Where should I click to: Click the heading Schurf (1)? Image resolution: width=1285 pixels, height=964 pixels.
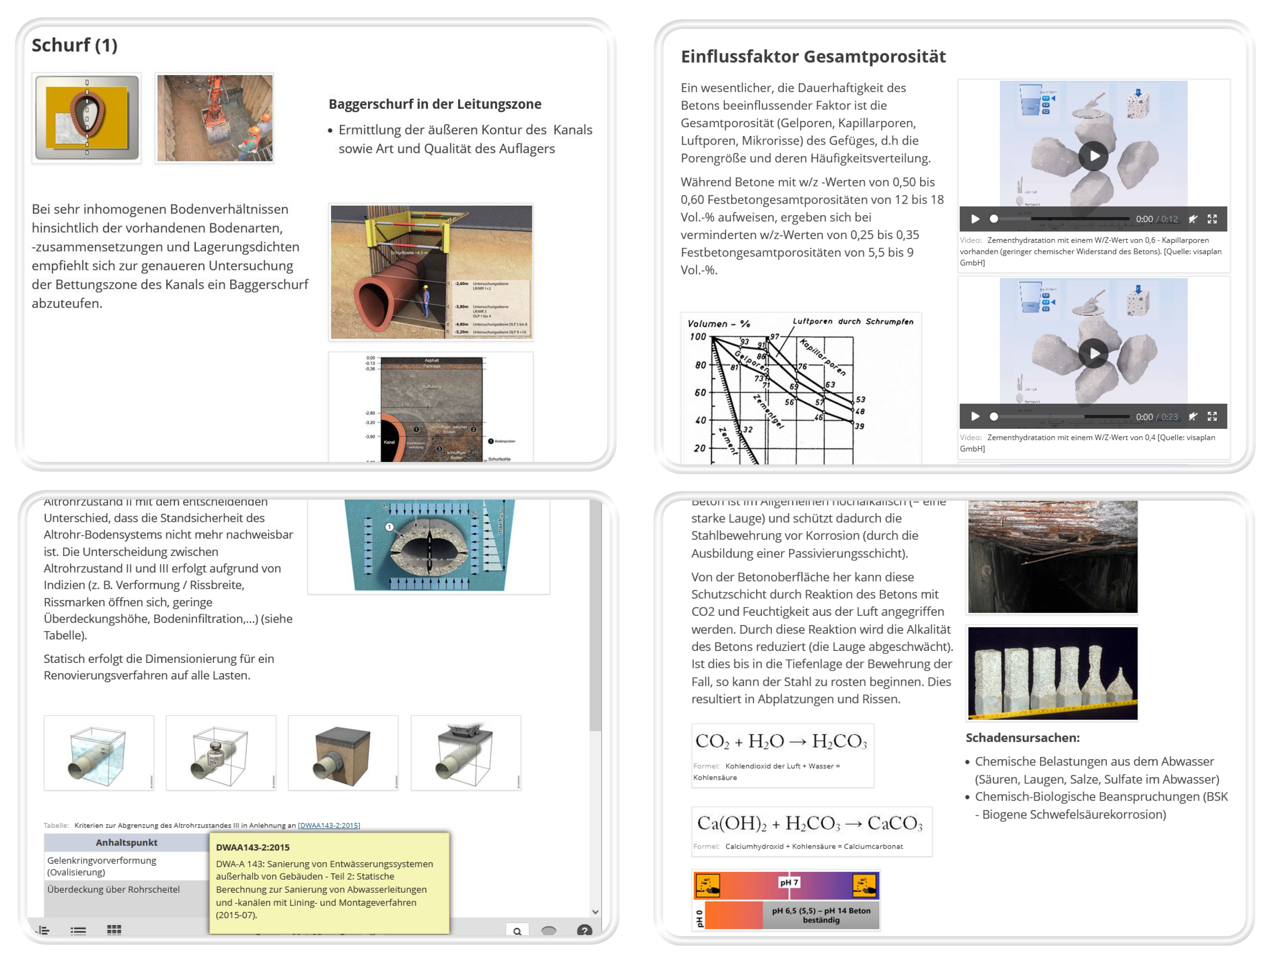point(74,46)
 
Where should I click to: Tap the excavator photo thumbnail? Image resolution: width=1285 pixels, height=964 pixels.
point(214,118)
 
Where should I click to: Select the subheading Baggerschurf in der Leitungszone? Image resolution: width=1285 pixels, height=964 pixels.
point(435,104)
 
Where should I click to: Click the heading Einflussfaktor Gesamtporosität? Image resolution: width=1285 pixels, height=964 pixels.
point(813,56)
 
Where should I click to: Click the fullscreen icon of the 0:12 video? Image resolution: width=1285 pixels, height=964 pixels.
point(1212,219)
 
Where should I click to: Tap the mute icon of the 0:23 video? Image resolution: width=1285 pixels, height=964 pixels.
point(1192,416)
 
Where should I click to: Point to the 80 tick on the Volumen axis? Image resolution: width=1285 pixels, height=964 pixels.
point(700,365)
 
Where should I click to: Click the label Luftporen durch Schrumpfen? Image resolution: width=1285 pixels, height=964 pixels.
point(852,321)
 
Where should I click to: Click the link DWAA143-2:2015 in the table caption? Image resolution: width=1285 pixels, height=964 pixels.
point(329,825)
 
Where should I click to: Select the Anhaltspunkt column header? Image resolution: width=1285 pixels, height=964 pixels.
point(126,843)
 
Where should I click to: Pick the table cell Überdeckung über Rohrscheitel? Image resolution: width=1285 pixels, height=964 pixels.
point(113,889)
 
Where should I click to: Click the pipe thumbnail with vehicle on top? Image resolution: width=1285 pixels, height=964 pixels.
point(465,752)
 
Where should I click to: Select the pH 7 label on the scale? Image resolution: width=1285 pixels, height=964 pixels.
point(788,882)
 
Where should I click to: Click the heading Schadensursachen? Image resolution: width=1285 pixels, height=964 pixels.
point(1022,738)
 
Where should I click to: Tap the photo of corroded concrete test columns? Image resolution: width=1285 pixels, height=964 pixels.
point(1052,673)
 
